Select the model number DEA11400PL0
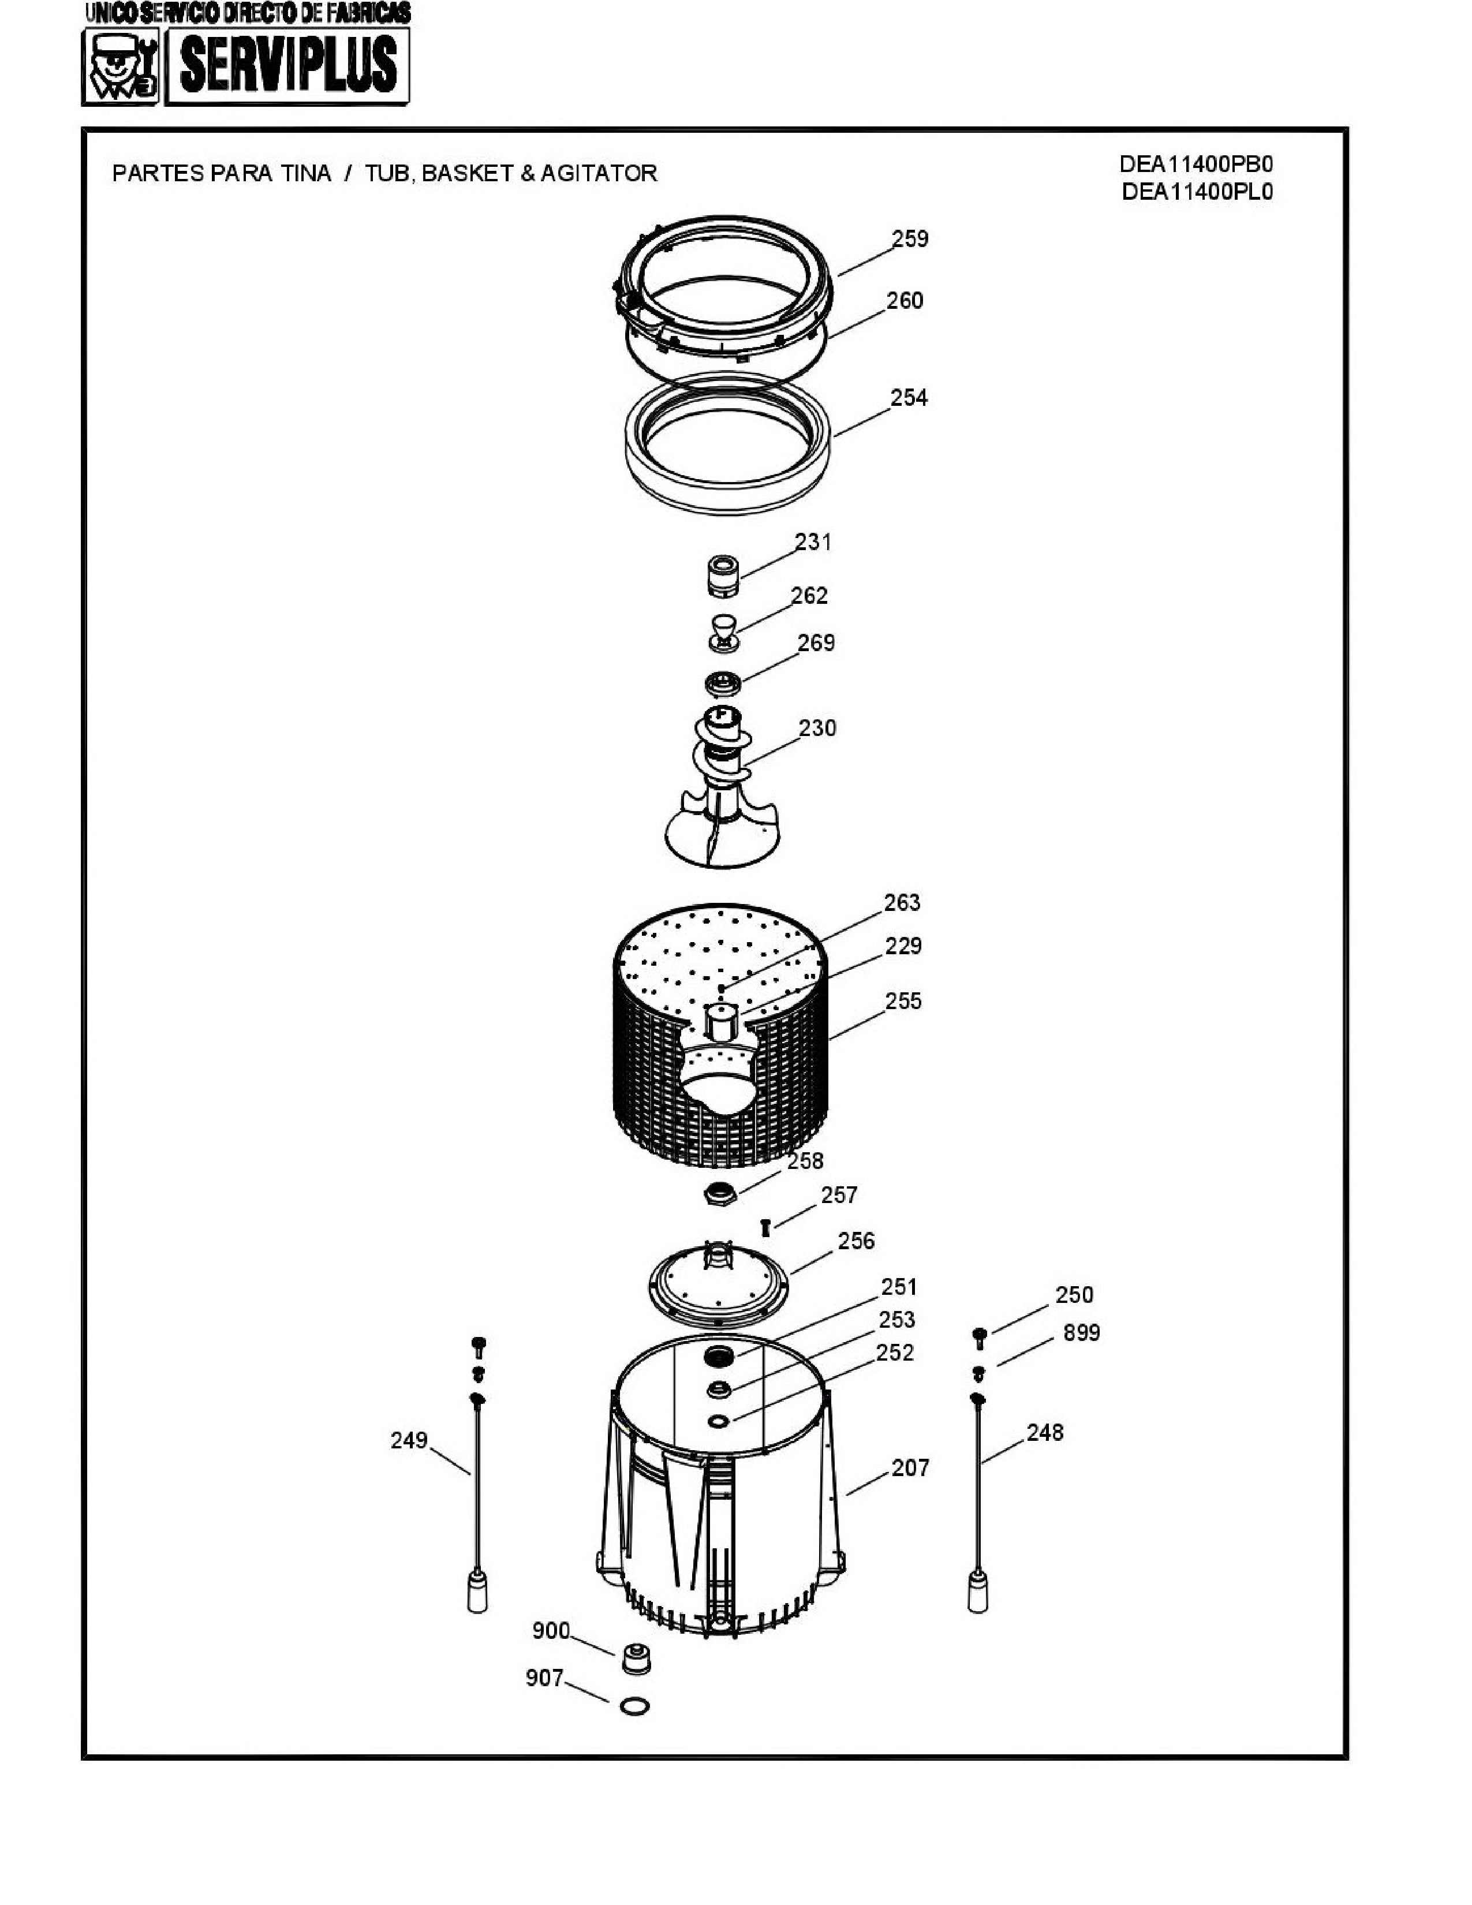point(1197,192)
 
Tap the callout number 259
point(910,239)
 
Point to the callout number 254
point(909,398)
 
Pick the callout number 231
point(813,543)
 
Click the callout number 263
point(902,903)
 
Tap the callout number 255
point(903,1002)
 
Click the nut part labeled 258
point(721,1193)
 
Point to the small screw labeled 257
point(765,1227)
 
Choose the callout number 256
point(856,1241)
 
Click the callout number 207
point(910,1468)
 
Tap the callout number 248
point(1045,1432)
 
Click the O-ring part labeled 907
point(634,1706)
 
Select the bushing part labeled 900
point(637,1658)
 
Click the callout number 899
point(1081,1333)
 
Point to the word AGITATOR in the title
point(599,174)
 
